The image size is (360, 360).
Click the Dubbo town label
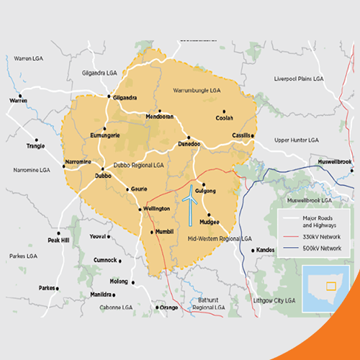103,175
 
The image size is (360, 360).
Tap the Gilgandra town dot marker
109,96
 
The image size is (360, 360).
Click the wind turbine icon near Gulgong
190,202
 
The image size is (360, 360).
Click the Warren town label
18,101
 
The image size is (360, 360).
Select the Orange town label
168,307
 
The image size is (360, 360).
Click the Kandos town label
266,250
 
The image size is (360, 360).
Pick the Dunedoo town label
188,145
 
